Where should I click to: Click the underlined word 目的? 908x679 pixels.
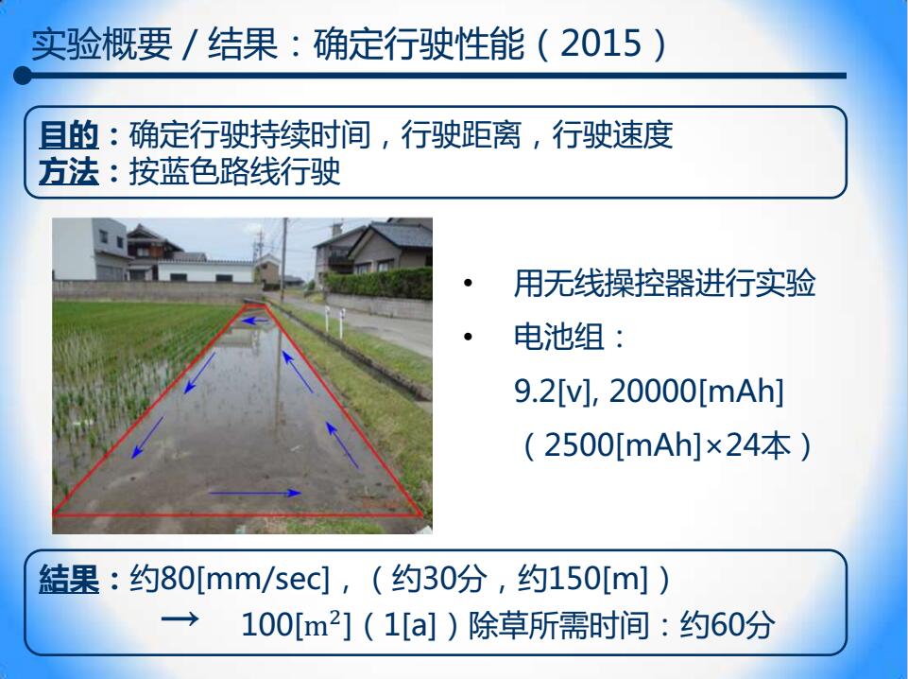coord(68,135)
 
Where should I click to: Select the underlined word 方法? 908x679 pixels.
coord(68,172)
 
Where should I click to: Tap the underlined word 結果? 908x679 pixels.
coord(69,579)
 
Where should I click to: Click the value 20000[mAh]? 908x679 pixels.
coord(696,392)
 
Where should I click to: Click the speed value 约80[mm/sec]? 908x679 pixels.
coord(230,579)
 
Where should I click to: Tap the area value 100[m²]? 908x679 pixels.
coord(296,625)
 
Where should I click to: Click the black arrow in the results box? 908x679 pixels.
coord(180,619)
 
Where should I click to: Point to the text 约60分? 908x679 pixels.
coord(728,625)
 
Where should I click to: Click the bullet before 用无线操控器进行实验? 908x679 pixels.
coord(468,284)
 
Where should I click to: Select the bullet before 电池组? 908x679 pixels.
coord(468,337)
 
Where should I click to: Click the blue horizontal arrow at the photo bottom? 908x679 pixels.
coord(255,493)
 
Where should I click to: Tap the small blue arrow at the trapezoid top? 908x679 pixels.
coord(255,320)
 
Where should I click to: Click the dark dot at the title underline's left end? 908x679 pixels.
coord(23,76)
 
